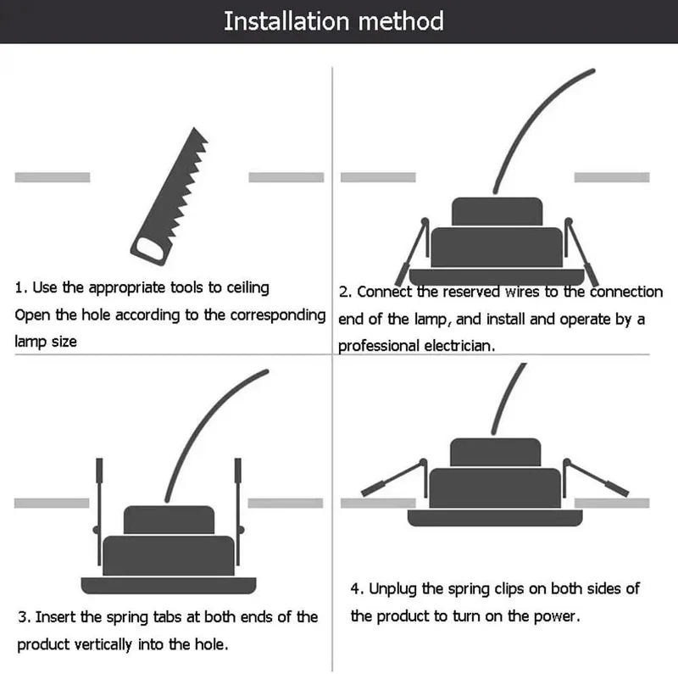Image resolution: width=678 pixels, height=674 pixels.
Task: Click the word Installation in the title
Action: (286, 22)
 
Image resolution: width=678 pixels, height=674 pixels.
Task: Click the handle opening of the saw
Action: (148, 249)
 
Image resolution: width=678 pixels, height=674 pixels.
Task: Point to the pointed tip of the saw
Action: (194, 128)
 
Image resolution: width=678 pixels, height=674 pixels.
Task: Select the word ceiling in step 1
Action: (247, 288)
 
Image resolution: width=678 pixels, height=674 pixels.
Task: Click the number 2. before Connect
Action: (345, 292)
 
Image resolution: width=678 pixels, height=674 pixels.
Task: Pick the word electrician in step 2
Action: (459, 346)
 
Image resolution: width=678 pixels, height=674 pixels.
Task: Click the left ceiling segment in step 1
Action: (53, 177)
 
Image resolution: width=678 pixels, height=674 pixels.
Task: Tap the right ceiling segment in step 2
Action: (612, 177)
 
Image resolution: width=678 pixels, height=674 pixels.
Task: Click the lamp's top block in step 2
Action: (497, 212)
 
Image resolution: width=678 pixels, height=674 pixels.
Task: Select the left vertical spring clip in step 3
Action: (99, 511)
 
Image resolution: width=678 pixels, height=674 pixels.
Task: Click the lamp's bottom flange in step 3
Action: (169, 585)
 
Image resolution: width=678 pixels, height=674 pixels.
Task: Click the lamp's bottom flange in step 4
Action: (495, 518)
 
